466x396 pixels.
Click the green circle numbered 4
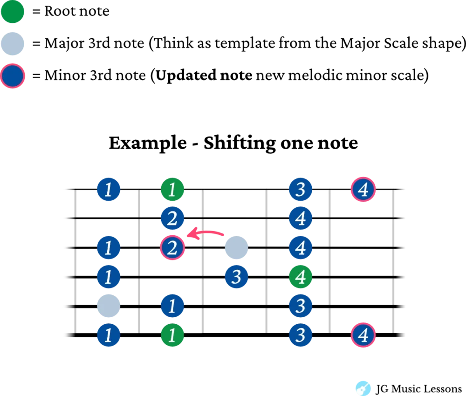(x=301, y=277)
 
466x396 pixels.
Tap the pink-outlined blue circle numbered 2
(x=172, y=248)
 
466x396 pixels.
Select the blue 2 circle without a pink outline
(x=172, y=218)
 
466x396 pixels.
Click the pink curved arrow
(x=205, y=233)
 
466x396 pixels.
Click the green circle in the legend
(x=13, y=13)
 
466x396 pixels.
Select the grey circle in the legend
(x=13, y=43)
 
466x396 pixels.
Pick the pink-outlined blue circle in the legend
(x=13, y=76)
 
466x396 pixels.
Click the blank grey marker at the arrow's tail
(x=237, y=248)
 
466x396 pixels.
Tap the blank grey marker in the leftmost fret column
(x=109, y=307)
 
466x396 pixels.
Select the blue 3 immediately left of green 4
(x=236, y=277)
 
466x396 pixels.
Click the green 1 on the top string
(x=172, y=189)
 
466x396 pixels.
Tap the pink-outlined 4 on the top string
(x=363, y=189)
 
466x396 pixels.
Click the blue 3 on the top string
(x=301, y=189)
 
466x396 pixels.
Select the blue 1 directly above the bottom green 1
(x=172, y=307)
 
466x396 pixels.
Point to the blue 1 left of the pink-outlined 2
(x=109, y=248)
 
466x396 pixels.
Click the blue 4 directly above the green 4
(x=301, y=248)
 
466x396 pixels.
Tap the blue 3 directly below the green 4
(x=301, y=307)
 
